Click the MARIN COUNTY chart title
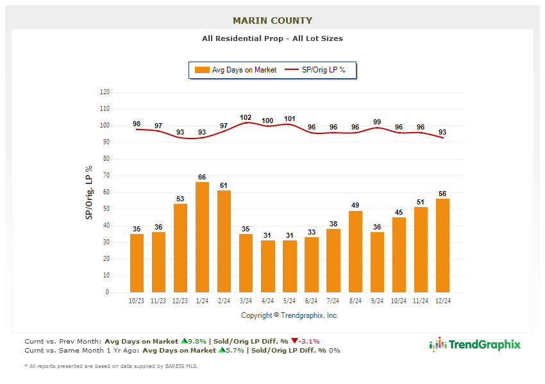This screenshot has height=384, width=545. (x=272, y=21)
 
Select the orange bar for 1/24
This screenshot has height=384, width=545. (x=202, y=237)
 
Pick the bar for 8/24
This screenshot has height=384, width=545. (x=355, y=251)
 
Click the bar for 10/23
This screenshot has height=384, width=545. (x=137, y=263)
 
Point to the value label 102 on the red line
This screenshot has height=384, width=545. (x=246, y=117)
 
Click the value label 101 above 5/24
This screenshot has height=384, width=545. (x=289, y=119)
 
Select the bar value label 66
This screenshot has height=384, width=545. (x=202, y=177)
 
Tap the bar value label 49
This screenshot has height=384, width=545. (x=355, y=205)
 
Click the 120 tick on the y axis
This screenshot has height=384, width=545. (x=105, y=92)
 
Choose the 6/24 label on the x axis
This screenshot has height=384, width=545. (x=311, y=301)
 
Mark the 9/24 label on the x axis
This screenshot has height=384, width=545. (x=377, y=301)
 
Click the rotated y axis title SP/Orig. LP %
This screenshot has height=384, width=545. (x=89, y=192)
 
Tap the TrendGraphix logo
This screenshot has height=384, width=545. (x=474, y=345)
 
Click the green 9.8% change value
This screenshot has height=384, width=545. (x=195, y=341)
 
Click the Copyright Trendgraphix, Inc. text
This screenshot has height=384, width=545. (x=289, y=315)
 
